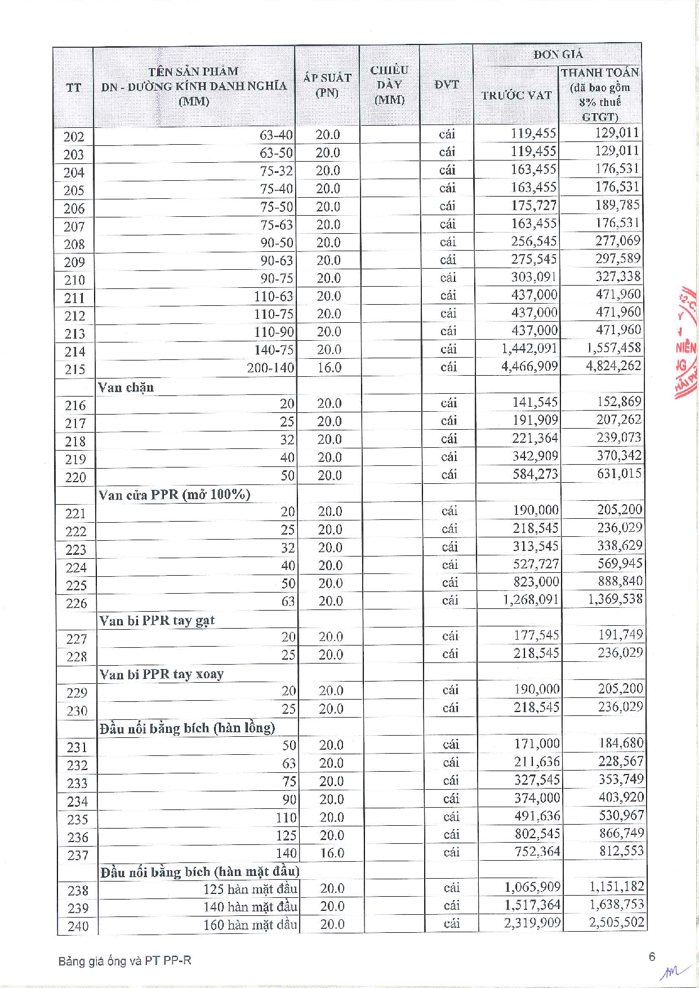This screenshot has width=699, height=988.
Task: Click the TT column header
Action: [73, 87]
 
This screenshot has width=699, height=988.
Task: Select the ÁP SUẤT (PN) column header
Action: [327, 85]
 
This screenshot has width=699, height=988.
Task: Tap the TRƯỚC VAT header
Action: [516, 95]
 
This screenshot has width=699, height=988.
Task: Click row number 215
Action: [74, 370]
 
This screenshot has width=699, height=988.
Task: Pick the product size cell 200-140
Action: [270, 368]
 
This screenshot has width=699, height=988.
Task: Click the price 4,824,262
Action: [613, 366]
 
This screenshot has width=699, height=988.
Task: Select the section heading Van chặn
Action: [126, 387]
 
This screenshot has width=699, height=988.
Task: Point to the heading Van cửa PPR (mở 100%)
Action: [174, 495]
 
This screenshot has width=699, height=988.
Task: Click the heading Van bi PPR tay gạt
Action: [157, 620]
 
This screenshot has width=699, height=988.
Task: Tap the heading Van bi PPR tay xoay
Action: [162, 674]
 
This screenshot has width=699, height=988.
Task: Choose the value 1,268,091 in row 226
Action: [531, 599]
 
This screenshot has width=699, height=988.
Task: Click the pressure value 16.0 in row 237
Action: [332, 853]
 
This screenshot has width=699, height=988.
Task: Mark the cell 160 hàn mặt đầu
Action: [250, 924]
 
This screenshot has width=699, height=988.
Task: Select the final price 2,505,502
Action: [616, 923]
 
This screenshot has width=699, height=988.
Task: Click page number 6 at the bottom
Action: [652, 956]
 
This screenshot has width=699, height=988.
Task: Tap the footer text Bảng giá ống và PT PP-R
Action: [124, 960]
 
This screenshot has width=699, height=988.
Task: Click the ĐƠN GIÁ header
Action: [558, 55]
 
